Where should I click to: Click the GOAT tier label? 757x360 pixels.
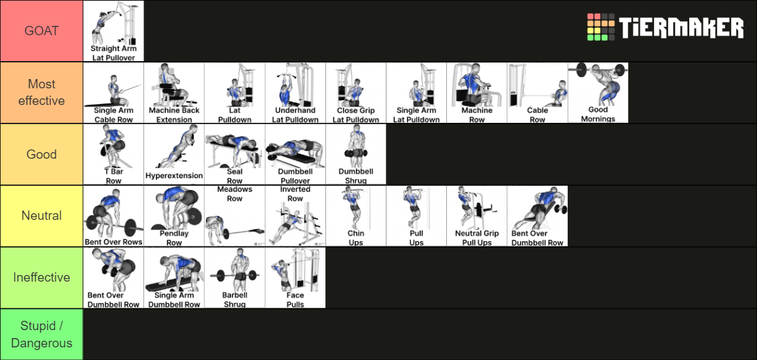tap(41, 31)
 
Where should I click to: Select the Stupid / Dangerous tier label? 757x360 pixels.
tap(41, 334)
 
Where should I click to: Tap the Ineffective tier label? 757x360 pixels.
tap(41, 277)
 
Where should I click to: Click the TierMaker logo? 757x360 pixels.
tap(665, 28)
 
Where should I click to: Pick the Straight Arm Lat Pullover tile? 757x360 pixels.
tap(114, 31)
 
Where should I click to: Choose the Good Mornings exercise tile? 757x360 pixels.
tap(598, 93)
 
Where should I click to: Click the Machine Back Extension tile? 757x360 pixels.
tap(174, 93)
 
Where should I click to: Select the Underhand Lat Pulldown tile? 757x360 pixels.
tap(295, 93)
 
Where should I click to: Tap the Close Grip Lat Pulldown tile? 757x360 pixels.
tap(355, 93)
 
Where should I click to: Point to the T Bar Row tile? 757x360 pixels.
tap(114, 154)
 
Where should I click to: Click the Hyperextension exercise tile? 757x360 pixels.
tap(174, 154)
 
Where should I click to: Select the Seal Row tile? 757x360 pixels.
tap(234, 154)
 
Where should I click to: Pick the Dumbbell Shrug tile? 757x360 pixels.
tap(355, 154)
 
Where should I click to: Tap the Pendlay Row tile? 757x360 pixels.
tap(174, 216)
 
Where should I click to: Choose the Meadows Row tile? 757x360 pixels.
tap(234, 216)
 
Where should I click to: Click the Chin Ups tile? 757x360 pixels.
tap(355, 216)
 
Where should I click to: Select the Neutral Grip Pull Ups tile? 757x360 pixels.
tap(476, 216)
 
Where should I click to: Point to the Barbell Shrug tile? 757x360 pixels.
tap(234, 278)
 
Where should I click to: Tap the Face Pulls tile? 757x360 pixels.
tap(295, 278)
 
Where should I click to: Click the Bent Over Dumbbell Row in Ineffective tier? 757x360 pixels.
tap(114, 278)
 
